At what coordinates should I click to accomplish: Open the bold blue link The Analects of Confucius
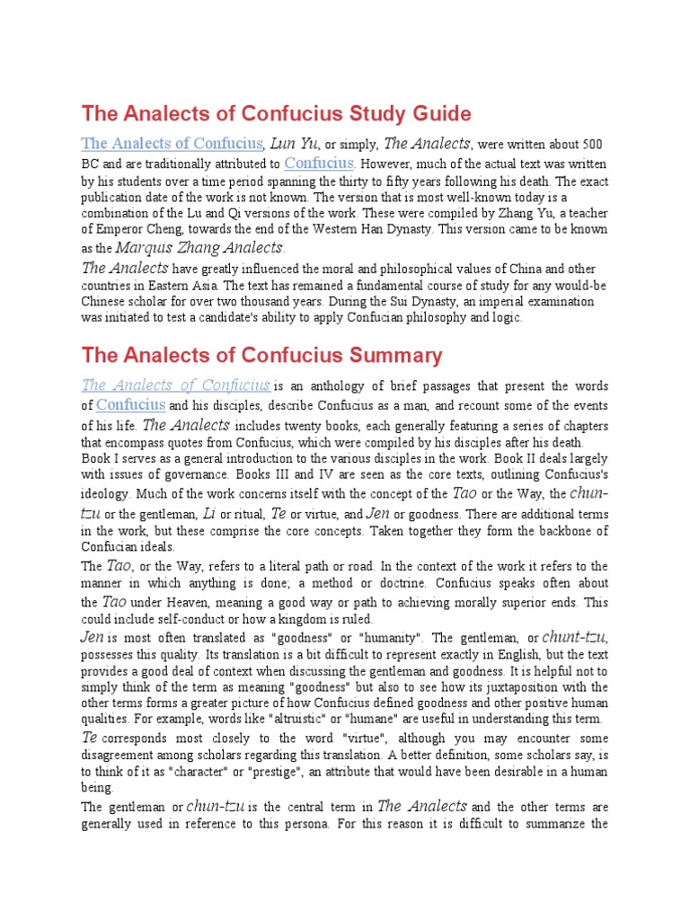point(172,144)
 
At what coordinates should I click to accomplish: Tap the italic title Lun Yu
point(295,144)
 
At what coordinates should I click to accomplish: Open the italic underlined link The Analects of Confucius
point(176,385)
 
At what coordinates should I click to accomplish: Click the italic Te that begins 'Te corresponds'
point(89,737)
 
